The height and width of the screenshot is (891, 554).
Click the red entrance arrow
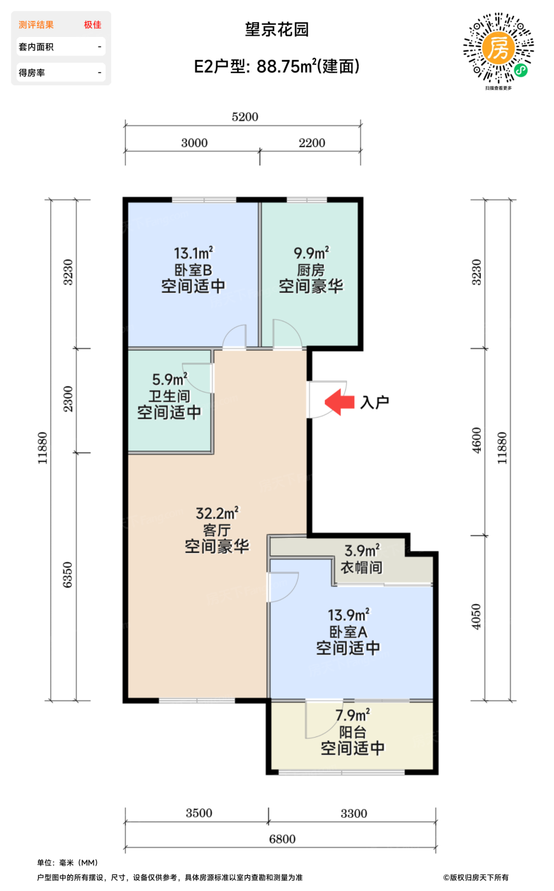tap(340, 402)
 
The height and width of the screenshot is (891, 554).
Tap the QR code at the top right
tap(499, 48)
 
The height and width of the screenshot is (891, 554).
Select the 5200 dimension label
tap(245, 117)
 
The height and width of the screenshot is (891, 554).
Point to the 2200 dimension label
tap(312, 143)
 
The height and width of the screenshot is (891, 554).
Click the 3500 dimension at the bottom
tap(198, 813)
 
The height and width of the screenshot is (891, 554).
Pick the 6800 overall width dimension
tap(282, 839)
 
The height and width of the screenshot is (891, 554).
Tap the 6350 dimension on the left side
tap(67, 575)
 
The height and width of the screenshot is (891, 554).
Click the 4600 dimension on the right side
tap(476, 440)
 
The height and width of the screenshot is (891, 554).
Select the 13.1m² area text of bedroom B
tap(193, 253)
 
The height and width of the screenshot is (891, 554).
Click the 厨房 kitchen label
tap(311, 270)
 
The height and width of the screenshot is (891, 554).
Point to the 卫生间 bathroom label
tap(169, 396)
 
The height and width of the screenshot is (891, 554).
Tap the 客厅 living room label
tap(217, 530)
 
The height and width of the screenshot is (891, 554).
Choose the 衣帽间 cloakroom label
tap(361, 568)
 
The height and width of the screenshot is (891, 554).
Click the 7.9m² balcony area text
tap(352, 715)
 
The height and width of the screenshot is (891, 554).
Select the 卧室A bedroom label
tap(348, 631)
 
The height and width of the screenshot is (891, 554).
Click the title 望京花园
tap(277, 29)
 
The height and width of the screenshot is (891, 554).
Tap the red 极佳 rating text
tap(93, 25)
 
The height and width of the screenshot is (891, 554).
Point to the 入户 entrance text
tap(375, 402)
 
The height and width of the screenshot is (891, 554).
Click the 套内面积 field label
tap(36, 47)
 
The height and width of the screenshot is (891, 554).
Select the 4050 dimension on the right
tap(476, 617)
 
